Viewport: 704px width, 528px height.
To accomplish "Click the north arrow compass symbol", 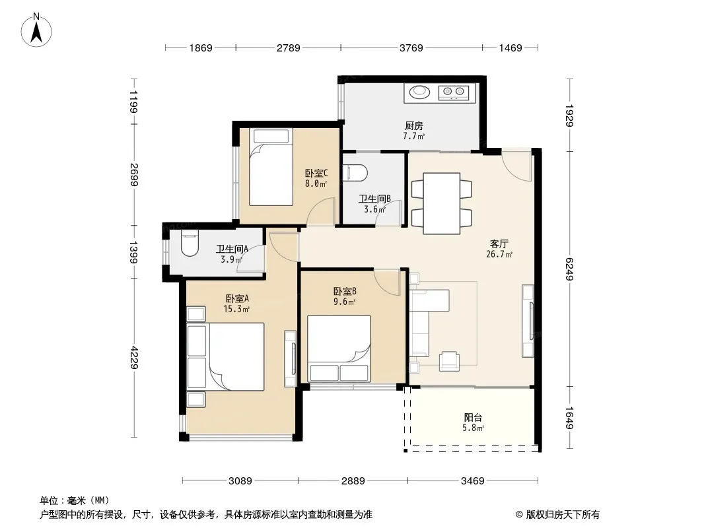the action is pyautogui.click(x=36, y=30).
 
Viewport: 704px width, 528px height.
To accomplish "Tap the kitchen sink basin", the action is pyautogui.click(x=419, y=92).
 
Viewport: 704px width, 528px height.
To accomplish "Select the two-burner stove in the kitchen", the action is pyautogui.click(x=454, y=92).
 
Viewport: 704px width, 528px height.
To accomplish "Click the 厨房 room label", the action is pyautogui.click(x=413, y=125).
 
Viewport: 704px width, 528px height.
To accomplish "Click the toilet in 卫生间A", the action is pyautogui.click(x=190, y=243).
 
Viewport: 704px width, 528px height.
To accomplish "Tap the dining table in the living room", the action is pyautogui.click(x=442, y=203).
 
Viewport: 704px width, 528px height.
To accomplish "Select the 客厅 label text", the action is pyautogui.click(x=499, y=244).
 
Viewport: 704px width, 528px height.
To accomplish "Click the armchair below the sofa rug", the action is pyautogui.click(x=449, y=360).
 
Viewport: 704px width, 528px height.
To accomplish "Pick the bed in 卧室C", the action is pyautogui.click(x=271, y=168).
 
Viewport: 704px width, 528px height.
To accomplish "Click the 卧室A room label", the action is pyautogui.click(x=237, y=298).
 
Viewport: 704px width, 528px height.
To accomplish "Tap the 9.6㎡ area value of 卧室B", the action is pyautogui.click(x=344, y=302).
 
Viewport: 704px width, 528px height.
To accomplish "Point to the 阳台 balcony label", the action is pyautogui.click(x=474, y=418).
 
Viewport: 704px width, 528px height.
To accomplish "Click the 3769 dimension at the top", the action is pyautogui.click(x=411, y=48).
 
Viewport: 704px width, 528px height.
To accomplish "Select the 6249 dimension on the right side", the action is pyautogui.click(x=569, y=269).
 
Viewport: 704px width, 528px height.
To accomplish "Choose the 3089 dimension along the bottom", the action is pyautogui.click(x=240, y=481).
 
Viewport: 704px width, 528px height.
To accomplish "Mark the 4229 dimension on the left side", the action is pyautogui.click(x=134, y=357).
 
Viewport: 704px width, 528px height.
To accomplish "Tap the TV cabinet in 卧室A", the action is pyautogui.click(x=291, y=359).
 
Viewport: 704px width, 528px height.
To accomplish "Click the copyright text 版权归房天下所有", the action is pyautogui.click(x=562, y=515).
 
